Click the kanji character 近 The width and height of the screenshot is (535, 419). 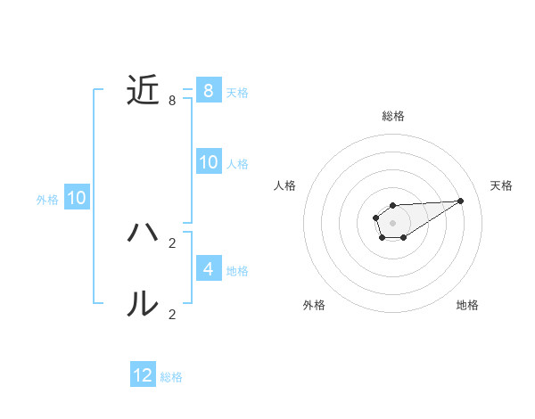(x=143, y=91)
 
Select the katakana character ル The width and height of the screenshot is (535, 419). (x=143, y=304)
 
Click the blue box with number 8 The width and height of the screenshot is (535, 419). (x=208, y=91)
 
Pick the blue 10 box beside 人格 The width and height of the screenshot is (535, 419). (x=208, y=162)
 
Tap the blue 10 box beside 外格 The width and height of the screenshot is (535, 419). (x=76, y=199)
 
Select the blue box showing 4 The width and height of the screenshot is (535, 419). (x=208, y=269)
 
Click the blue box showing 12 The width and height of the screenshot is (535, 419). (x=143, y=375)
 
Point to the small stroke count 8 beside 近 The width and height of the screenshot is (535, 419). (x=172, y=101)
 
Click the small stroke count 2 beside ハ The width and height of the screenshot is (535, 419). (x=172, y=242)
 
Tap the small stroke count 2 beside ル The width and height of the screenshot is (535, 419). (x=172, y=314)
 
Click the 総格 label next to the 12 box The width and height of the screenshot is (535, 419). (x=171, y=377)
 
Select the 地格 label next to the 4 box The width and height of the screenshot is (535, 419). (x=237, y=270)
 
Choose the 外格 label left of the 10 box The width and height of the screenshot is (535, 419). (x=47, y=200)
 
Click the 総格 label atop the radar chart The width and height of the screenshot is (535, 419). (x=392, y=116)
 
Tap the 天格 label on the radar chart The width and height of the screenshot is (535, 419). (x=501, y=185)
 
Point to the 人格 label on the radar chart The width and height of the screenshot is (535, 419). (x=284, y=185)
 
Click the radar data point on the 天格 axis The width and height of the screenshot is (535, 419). (x=461, y=201)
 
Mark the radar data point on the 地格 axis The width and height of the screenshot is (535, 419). (x=404, y=237)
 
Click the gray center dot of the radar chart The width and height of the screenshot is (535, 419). (x=392, y=222)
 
